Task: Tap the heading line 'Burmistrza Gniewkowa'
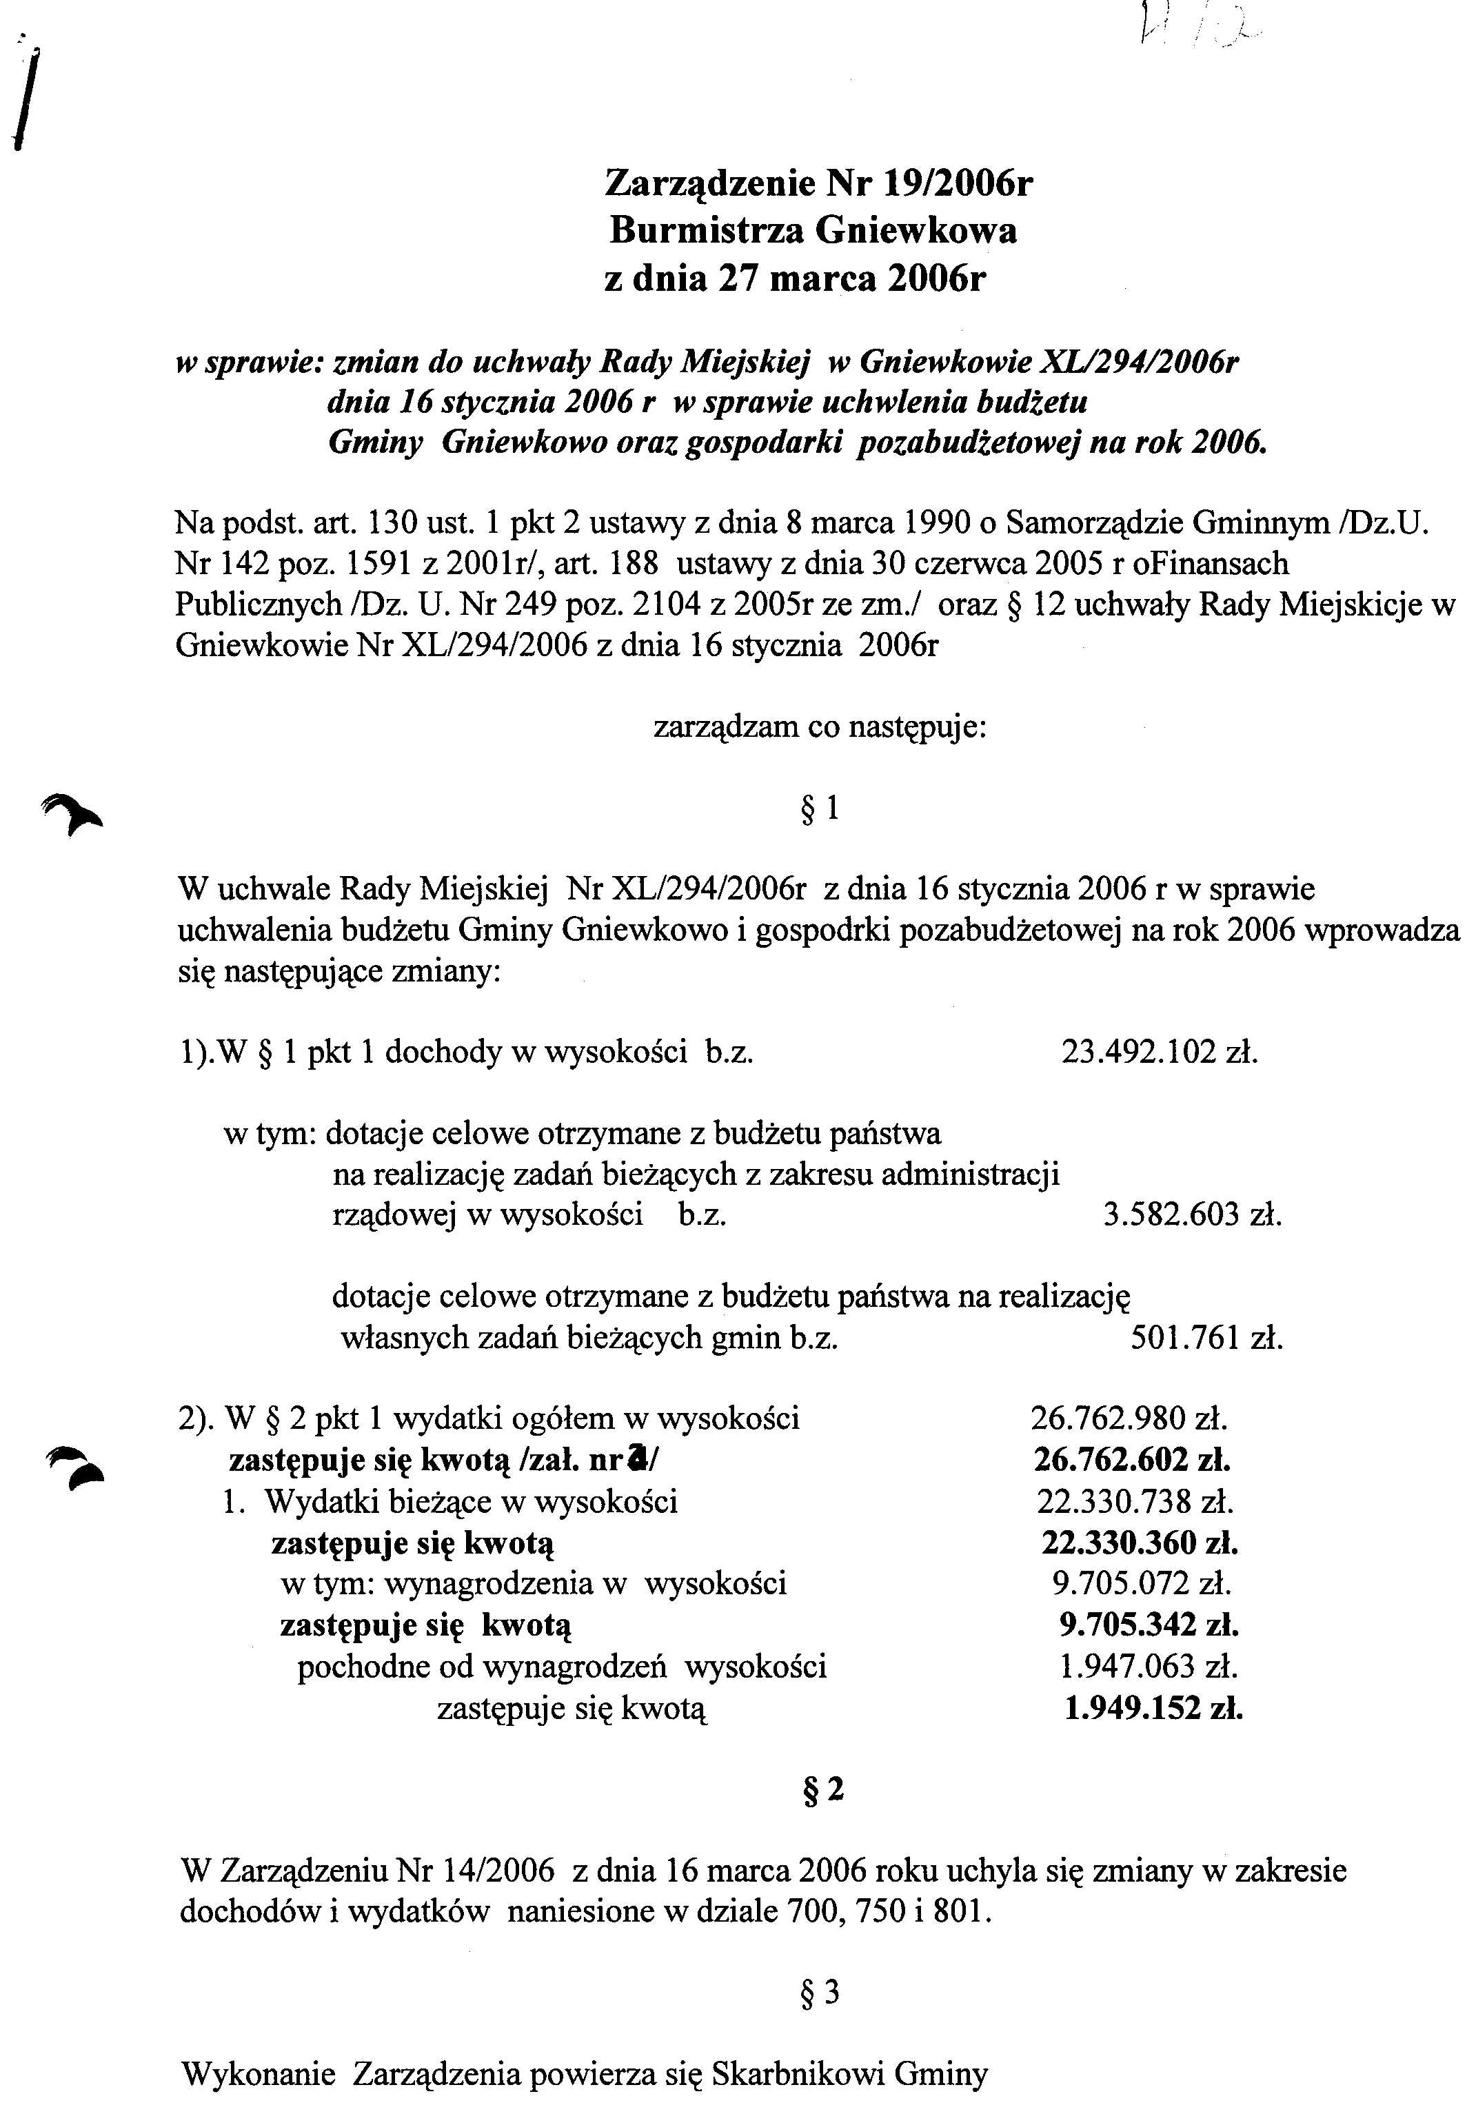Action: pyautogui.click(x=813, y=230)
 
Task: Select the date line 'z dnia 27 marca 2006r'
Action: pyautogui.click(x=795, y=278)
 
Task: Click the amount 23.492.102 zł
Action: pyautogui.click(x=1159, y=1052)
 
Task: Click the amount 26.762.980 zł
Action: pyautogui.click(x=1129, y=1419)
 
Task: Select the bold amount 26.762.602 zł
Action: pyautogui.click(x=1131, y=1461)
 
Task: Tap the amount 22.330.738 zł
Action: pyautogui.click(x=1135, y=1502)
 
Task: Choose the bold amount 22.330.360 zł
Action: pyautogui.click(x=1140, y=1543)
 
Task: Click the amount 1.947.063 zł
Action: pyautogui.click(x=1146, y=1666)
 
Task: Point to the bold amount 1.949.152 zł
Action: pyautogui.click(x=1153, y=1708)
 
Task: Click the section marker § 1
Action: pyautogui.click(x=820, y=809)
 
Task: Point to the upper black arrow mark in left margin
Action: pyautogui.click(x=73, y=811)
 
